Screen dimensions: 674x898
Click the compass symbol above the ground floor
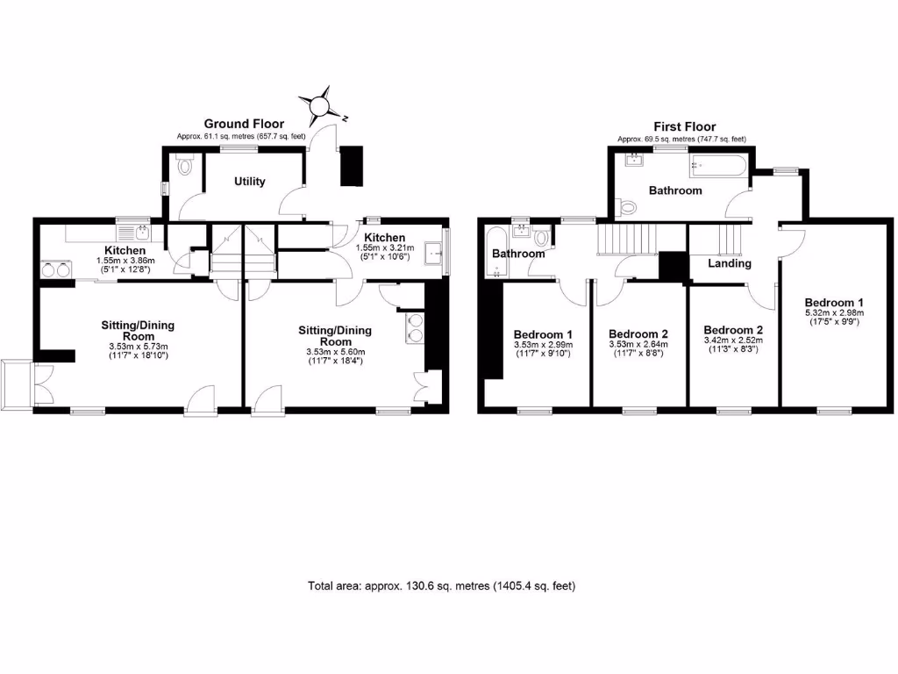[x=321, y=105]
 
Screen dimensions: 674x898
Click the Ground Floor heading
[x=243, y=125]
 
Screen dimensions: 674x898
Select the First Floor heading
[x=685, y=127]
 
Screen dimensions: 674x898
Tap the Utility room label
[x=250, y=182]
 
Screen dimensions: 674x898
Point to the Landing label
[x=730, y=263]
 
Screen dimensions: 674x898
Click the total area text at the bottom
[x=441, y=585]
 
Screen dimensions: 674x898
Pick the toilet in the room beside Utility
[x=183, y=167]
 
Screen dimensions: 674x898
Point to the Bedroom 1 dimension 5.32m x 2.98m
[x=834, y=312]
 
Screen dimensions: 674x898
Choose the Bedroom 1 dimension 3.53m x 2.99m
[x=543, y=345]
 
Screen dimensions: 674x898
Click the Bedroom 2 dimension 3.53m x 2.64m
[x=638, y=345]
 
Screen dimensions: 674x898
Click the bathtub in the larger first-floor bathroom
[x=718, y=164]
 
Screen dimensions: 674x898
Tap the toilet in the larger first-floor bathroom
[x=626, y=207]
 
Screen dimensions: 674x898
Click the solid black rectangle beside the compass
[x=352, y=165]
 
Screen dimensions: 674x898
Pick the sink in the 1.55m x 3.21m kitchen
[x=433, y=255]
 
